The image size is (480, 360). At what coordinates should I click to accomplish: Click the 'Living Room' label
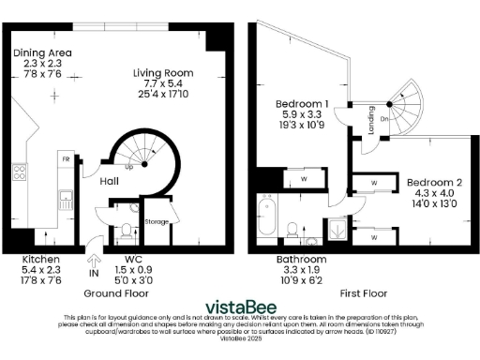[x=168, y=71]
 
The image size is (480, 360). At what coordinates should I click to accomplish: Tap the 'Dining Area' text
[x=41, y=52]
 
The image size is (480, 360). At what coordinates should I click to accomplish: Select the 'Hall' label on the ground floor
[x=109, y=184]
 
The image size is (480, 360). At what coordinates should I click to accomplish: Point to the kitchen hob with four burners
[x=18, y=172]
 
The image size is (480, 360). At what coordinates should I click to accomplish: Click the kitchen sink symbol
[x=66, y=199]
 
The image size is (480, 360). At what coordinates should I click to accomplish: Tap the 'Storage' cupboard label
[x=157, y=222]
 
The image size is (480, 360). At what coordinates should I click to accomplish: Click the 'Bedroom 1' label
[x=301, y=103]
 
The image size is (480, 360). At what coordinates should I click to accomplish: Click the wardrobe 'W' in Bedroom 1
[x=304, y=177]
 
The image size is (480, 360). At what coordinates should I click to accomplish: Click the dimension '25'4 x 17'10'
[x=168, y=94]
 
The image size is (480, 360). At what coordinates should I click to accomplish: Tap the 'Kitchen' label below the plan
[x=41, y=258]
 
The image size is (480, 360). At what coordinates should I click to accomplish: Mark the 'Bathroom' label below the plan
[x=301, y=258]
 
